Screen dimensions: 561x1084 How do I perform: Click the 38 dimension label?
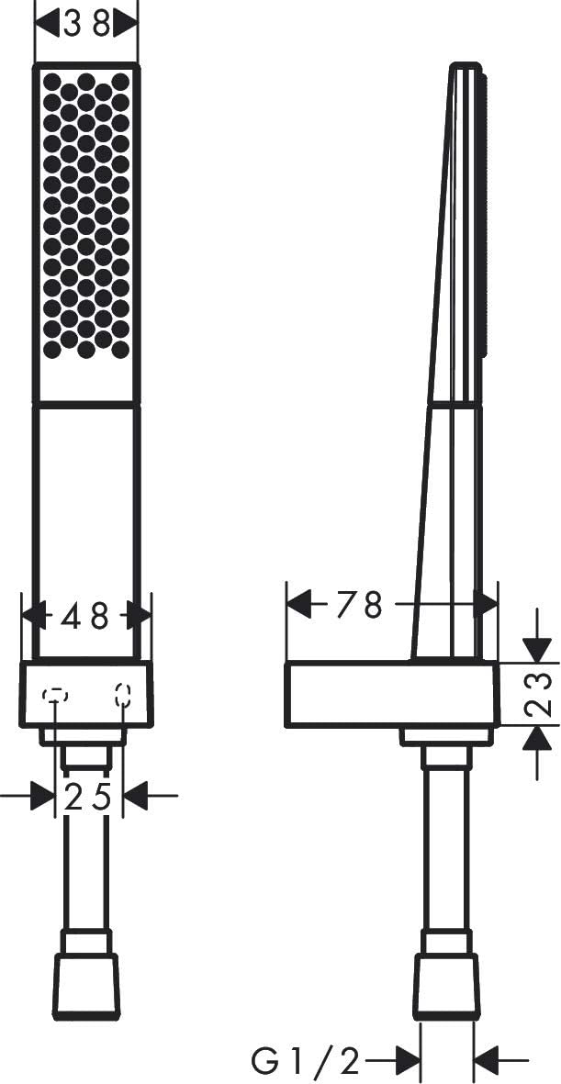(86, 26)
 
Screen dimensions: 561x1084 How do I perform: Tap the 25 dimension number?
(88, 797)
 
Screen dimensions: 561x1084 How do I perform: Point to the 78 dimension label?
(359, 606)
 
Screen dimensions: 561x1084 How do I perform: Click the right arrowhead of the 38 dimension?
(125, 26)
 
